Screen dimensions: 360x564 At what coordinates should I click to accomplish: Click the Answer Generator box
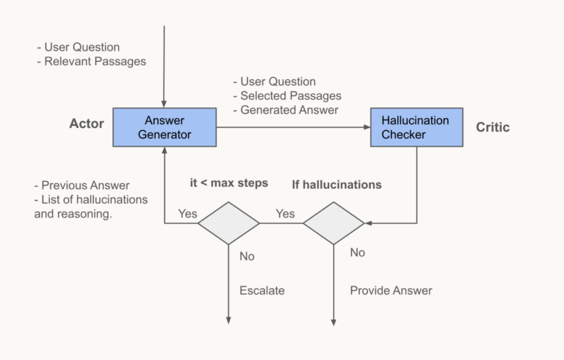tap(164, 127)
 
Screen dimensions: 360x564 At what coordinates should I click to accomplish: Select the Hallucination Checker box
tap(416, 127)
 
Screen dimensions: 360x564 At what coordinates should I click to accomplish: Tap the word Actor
tap(87, 124)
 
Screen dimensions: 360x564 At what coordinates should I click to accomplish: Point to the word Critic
tap(492, 128)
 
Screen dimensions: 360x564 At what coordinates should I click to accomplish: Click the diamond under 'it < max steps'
tap(228, 223)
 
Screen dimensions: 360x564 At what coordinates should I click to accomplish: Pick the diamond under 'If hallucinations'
tap(333, 223)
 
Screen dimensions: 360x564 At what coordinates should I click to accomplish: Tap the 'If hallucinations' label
tap(336, 184)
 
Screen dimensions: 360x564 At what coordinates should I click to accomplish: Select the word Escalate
tap(262, 290)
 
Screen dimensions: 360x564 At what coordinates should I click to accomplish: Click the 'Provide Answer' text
tap(391, 290)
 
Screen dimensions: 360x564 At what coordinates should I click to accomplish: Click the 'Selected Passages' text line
tap(287, 96)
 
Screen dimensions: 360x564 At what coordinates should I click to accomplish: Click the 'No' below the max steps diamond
tap(247, 256)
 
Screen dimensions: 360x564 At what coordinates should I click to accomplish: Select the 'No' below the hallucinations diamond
tap(357, 253)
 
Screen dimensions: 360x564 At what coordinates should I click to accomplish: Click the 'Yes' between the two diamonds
tap(285, 214)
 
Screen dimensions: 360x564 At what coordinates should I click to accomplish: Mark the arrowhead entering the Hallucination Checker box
tap(367, 127)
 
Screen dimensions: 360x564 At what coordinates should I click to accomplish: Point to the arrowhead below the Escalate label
tap(228, 320)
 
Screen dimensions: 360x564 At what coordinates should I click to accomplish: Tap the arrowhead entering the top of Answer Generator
tap(164, 104)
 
